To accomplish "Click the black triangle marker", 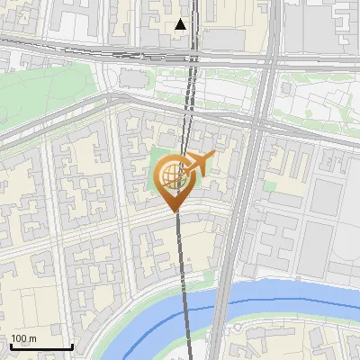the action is (181, 24).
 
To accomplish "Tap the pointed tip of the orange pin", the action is (173, 210).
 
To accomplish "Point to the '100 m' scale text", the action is (24, 338).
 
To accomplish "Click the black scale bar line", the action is (41, 346).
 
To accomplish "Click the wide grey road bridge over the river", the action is (220, 306).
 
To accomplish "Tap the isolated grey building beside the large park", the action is (132, 80).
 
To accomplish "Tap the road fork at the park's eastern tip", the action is (108, 94).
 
